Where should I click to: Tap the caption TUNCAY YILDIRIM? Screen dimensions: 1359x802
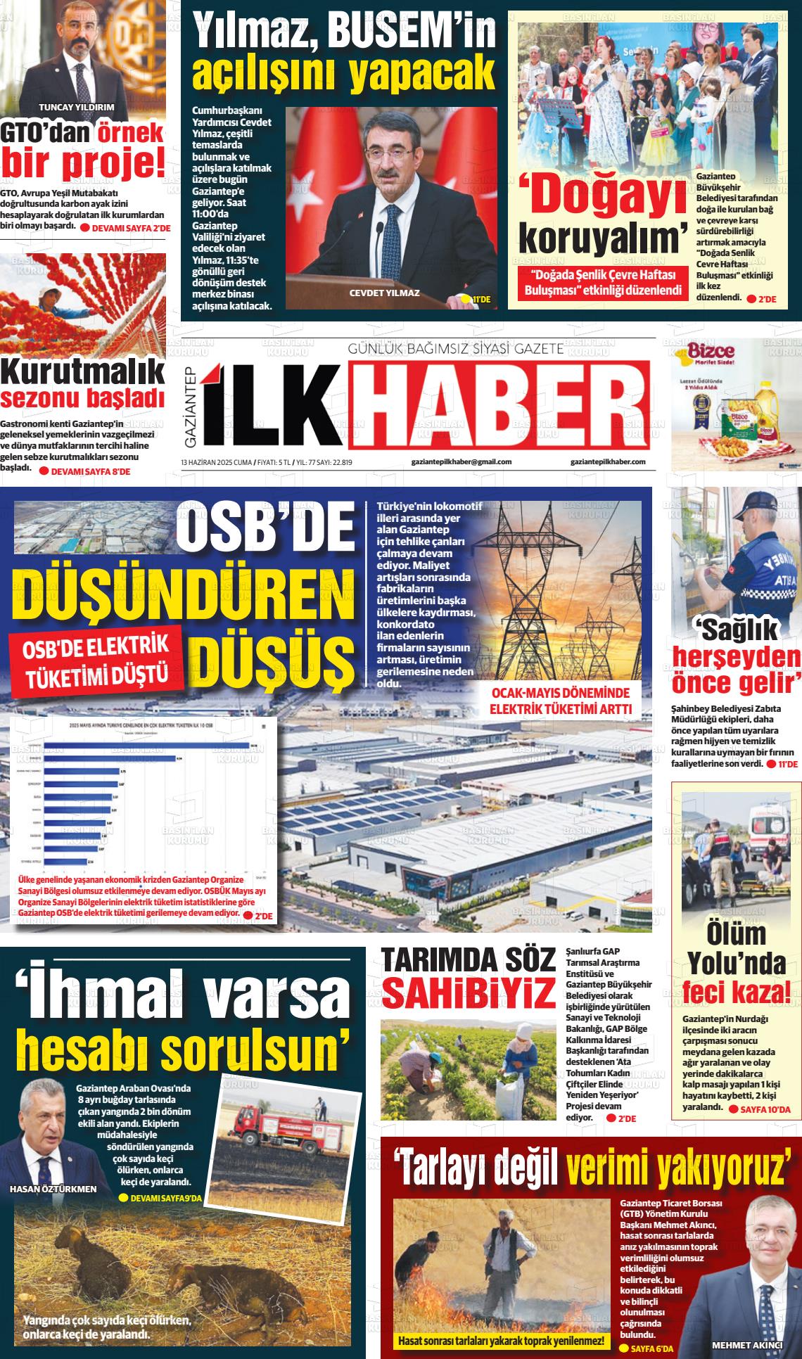point(76,108)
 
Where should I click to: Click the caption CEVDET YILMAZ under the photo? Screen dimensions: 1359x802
point(384,293)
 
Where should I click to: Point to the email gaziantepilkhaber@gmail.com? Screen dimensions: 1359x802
point(462,462)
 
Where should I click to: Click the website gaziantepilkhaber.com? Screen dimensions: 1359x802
point(609,462)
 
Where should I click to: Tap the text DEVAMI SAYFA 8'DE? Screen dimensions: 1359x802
point(91,471)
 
